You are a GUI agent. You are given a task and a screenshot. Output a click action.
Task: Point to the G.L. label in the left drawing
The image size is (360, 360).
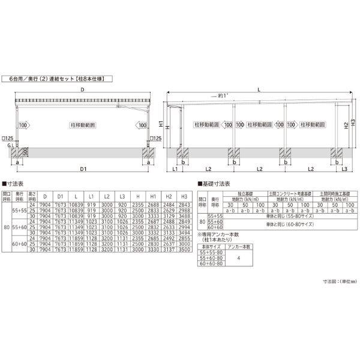pos(7,145)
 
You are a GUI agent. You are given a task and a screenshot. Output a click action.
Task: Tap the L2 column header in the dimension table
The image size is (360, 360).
pos(106,196)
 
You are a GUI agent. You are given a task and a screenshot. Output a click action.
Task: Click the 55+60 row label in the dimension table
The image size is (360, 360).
pos(20,227)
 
